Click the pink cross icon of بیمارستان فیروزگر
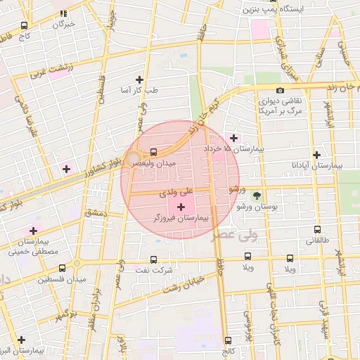182,207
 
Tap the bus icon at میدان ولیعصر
153,151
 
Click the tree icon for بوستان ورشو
256,195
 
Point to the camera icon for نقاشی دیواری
280,90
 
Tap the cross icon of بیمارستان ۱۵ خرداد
233,138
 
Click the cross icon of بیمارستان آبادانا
316,155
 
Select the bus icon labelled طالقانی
317,229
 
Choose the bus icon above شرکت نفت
153,259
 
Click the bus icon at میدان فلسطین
63,268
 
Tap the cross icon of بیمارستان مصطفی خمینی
32,231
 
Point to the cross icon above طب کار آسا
139,79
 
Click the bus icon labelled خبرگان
64,13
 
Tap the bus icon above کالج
227,340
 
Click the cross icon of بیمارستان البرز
21,340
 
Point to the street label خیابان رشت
184,285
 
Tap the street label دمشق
94,212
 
